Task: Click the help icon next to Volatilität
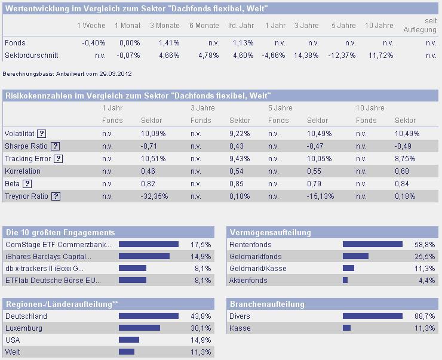point(42,134)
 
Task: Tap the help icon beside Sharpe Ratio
point(56,146)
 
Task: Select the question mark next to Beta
point(27,184)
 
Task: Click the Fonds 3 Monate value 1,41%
point(170,43)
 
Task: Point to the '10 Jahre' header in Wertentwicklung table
point(379,26)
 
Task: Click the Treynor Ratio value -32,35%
point(154,196)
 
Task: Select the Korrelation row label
point(23,171)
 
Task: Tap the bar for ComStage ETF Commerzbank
point(149,244)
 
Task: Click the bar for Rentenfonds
point(373,244)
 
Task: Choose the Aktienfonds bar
point(345,280)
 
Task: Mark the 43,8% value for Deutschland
point(201,316)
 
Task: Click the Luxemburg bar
point(139,328)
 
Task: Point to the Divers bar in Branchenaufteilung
point(373,316)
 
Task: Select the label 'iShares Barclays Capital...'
point(48,257)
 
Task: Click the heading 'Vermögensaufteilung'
point(270,232)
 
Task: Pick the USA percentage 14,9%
point(201,340)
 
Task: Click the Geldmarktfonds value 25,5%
point(425,257)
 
